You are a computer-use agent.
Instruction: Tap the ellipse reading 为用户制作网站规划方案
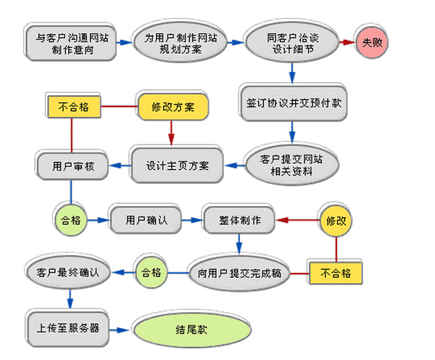point(173,43)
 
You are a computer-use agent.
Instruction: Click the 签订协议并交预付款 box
point(292,103)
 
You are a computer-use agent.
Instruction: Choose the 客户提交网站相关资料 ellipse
point(292,165)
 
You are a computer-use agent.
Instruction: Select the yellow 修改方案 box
point(173,106)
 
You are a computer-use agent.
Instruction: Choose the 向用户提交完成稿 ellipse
point(239,272)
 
